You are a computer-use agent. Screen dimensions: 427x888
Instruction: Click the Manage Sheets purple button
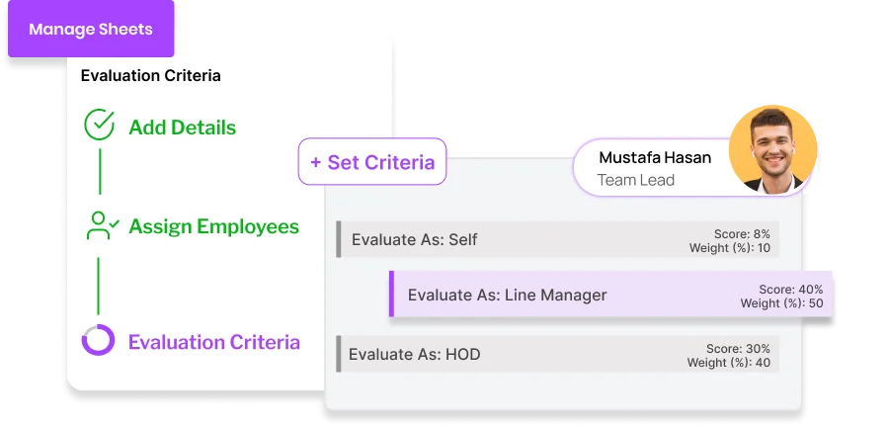91,29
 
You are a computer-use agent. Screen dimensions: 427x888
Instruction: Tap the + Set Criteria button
372,162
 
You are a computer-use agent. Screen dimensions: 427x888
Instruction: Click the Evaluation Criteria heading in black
150,75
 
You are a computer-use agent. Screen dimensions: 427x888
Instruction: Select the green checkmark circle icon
100,126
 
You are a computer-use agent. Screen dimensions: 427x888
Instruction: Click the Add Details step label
182,128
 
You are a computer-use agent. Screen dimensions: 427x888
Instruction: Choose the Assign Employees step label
213,226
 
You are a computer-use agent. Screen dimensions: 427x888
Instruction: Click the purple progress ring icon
99,341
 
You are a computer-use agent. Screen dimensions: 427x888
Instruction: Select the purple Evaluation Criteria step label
213,342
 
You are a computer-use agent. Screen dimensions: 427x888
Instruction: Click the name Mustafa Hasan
655,157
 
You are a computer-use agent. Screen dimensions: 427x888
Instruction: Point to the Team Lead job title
636,180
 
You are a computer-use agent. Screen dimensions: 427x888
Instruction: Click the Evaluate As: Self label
415,239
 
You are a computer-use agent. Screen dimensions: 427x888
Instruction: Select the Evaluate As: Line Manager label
507,295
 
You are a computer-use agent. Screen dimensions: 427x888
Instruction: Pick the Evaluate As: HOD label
415,353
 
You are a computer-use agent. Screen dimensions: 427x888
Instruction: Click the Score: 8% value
742,234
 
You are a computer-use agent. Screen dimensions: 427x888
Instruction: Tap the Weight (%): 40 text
729,363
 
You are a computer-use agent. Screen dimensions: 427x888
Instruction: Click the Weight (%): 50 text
782,303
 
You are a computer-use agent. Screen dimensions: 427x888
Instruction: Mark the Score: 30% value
738,349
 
